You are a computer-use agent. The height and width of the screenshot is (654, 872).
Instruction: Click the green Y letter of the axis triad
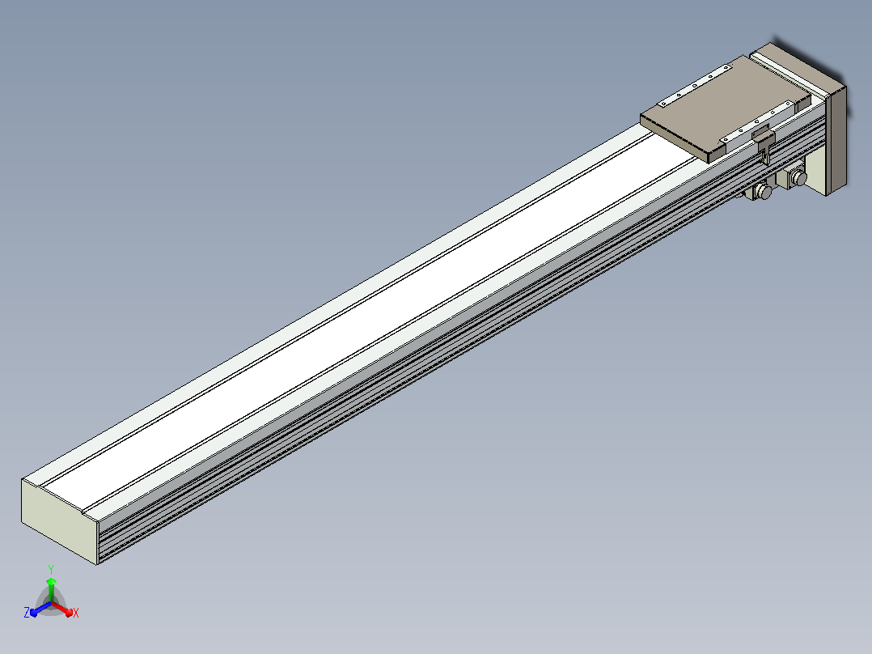(x=51, y=569)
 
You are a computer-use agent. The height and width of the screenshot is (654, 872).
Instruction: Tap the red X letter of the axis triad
(x=76, y=613)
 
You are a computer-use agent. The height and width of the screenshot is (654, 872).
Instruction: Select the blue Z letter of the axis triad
(x=26, y=612)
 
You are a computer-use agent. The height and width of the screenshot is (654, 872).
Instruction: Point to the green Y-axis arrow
(x=51, y=589)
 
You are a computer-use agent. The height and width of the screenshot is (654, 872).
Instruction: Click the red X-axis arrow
(x=62, y=609)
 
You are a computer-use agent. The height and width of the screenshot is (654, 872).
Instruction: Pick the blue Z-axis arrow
(x=40, y=609)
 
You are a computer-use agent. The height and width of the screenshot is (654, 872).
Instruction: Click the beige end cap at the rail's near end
(x=60, y=520)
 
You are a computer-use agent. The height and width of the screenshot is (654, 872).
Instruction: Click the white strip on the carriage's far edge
(x=695, y=86)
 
